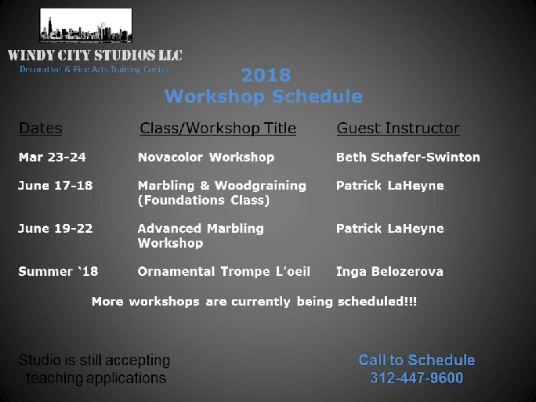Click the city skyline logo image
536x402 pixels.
tap(85, 26)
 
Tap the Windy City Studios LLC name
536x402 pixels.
tap(95, 55)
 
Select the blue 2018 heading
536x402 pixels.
tap(266, 75)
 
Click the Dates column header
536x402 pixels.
tap(40, 129)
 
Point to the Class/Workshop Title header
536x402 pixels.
tap(218, 129)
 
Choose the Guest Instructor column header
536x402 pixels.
tap(398, 129)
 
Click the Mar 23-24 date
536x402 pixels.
tap(53, 158)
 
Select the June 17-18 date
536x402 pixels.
tap(56, 186)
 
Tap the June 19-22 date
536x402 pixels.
tap(56, 228)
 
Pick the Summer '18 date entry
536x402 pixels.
tap(58, 271)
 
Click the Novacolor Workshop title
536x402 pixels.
tap(206, 158)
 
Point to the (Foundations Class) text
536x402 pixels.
tap(204, 201)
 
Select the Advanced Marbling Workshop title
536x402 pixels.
tap(201, 236)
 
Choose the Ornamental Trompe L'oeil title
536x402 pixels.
tap(224, 271)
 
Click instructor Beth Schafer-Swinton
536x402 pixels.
tap(408, 158)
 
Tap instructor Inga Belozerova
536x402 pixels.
tap(389, 271)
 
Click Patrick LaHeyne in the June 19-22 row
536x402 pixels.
tap(390, 229)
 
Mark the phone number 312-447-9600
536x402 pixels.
tap(417, 378)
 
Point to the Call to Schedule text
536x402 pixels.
tap(417, 360)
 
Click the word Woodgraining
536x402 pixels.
tap(260, 186)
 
